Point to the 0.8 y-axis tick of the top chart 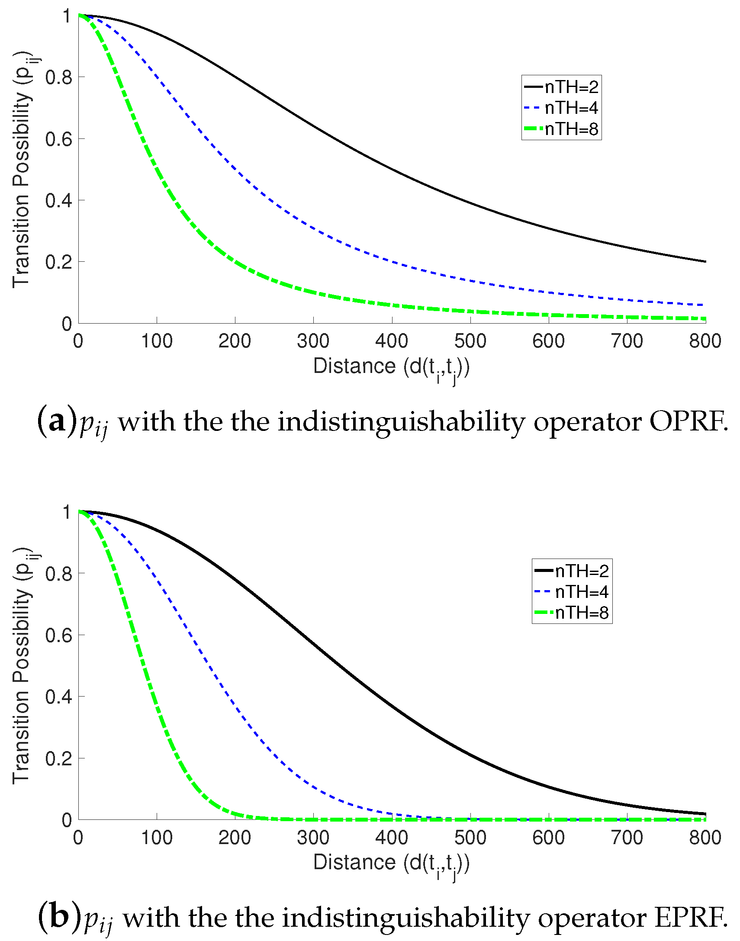[58, 77]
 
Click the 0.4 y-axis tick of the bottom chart [58, 697]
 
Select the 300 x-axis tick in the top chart [313, 341]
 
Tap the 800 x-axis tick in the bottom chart [705, 838]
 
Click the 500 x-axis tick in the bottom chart [470, 838]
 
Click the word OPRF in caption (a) [688, 421]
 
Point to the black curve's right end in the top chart [705, 262]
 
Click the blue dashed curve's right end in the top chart [705, 305]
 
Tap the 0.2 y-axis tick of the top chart [58, 262]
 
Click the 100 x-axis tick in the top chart [156, 341]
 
